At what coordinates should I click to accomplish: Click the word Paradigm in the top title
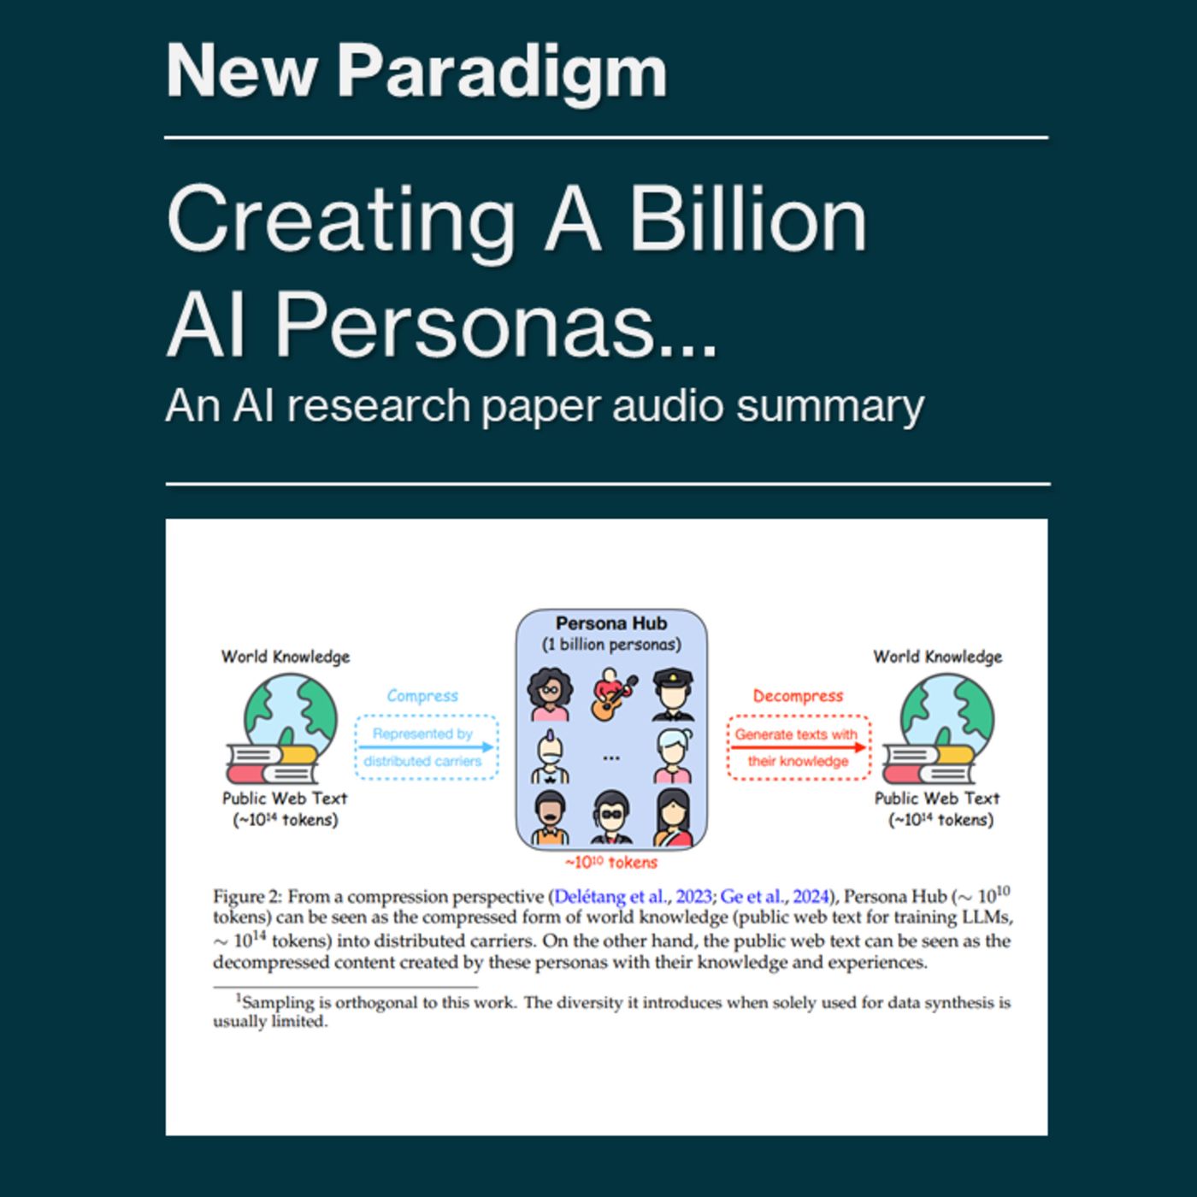(x=502, y=72)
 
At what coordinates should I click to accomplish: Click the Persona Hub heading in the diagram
(x=610, y=623)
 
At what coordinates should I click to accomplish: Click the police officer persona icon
(x=673, y=694)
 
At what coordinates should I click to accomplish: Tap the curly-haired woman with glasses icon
(x=549, y=694)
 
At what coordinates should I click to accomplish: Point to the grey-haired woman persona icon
(x=674, y=756)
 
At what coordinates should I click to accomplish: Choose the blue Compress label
(x=422, y=696)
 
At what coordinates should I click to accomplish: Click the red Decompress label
(x=798, y=696)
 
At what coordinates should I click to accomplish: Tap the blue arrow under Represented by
(x=426, y=747)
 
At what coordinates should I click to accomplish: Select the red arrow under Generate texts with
(x=798, y=747)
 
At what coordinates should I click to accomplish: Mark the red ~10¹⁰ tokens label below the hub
(x=610, y=863)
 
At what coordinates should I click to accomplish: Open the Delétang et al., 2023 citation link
(x=633, y=897)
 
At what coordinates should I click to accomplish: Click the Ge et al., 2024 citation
(x=775, y=897)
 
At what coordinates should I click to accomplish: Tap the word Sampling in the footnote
(x=279, y=1002)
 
